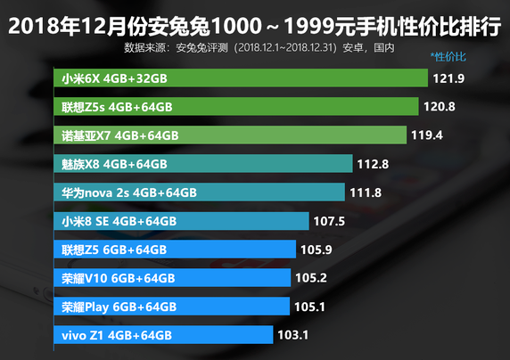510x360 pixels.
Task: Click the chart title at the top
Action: [x=255, y=25]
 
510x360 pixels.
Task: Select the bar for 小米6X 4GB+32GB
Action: [x=241, y=78]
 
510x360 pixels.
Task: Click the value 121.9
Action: [x=450, y=78]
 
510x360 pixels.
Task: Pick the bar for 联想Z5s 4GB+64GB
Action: [x=236, y=107]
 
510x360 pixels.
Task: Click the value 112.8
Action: [x=373, y=164]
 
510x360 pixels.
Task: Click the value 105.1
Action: [x=311, y=307]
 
